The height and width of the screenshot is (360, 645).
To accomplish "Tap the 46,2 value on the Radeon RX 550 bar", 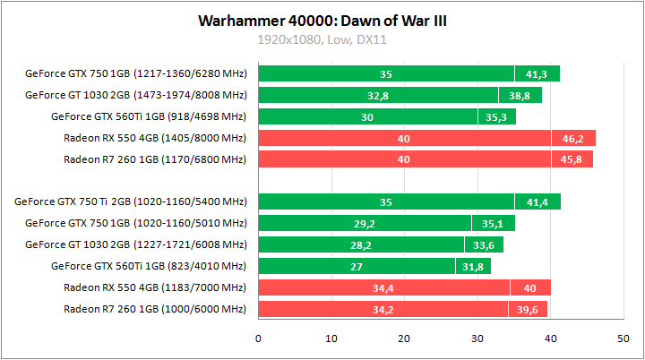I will [x=572, y=138].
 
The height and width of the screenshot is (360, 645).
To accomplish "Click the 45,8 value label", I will [x=571, y=159].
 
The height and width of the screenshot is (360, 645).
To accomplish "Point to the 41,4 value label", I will [x=537, y=202].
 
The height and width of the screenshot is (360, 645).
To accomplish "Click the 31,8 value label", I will [x=472, y=266].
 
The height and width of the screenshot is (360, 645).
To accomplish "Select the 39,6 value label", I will [x=529, y=309].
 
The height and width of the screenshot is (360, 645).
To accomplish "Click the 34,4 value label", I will [x=383, y=287].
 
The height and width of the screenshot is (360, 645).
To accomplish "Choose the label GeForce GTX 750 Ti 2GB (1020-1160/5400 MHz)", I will [x=131, y=202].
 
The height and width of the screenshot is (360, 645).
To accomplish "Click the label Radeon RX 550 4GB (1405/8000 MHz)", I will [x=155, y=138].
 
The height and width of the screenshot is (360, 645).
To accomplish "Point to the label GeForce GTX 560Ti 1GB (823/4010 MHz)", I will [x=149, y=266].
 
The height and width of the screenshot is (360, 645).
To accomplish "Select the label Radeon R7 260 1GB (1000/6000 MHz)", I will [x=155, y=309].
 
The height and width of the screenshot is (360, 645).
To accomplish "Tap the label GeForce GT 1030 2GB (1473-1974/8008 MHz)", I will [x=135, y=95].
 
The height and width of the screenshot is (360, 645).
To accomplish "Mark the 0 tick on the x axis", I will [x=258, y=339].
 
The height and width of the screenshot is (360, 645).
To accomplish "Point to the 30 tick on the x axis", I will [x=477, y=339].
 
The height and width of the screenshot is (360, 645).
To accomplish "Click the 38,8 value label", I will [x=520, y=95].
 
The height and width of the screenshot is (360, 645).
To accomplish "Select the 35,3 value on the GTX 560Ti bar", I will [x=496, y=116].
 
